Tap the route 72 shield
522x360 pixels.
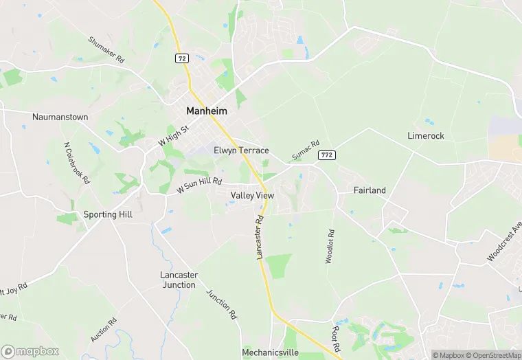pos(181,59)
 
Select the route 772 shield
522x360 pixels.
pos(326,155)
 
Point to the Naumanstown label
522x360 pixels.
pos(60,117)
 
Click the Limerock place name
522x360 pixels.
pos(426,136)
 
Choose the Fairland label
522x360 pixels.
pos(370,190)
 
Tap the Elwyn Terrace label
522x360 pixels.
pos(241,150)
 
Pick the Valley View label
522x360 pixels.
pos(252,196)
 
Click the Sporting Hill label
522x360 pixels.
pos(108,214)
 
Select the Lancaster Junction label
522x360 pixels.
pos(179,280)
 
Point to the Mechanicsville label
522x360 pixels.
pos(270,352)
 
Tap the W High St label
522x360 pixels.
pos(172,133)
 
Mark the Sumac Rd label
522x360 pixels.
pos(306,152)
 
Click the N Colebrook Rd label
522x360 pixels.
pos(77,164)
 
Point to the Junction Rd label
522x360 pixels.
pos(221,304)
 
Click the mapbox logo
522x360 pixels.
pos(30,351)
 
